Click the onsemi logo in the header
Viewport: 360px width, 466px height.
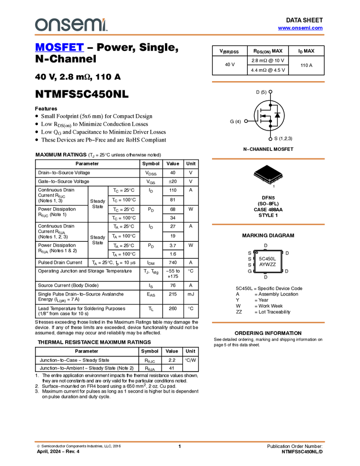click(71, 25)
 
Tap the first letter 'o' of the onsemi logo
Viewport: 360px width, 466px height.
click(39, 25)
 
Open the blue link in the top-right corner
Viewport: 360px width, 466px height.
click(300, 28)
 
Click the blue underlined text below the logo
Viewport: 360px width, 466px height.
click(59, 48)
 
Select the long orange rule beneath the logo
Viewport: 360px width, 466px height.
click(180, 35)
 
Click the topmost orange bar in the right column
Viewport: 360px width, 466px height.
click(268, 82)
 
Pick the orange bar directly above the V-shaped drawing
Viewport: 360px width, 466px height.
click(268, 159)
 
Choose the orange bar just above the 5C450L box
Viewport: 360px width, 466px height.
click(268, 224)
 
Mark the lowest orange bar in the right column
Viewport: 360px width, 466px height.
click(268, 322)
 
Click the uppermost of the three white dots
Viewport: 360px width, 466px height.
click(271, 92)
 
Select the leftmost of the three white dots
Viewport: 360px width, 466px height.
click(246, 121)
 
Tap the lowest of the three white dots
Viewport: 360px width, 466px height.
click(271, 139)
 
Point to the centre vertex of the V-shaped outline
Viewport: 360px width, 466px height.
click(269, 183)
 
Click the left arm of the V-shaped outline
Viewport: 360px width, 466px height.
click(260, 177)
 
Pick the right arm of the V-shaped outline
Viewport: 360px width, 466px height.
click(277, 178)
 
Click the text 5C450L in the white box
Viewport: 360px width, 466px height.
click(267, 258)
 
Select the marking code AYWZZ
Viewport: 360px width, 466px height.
click(267, 265)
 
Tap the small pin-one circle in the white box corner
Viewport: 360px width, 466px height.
click(257, 253)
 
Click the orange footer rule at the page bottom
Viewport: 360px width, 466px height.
click(180, 441)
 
